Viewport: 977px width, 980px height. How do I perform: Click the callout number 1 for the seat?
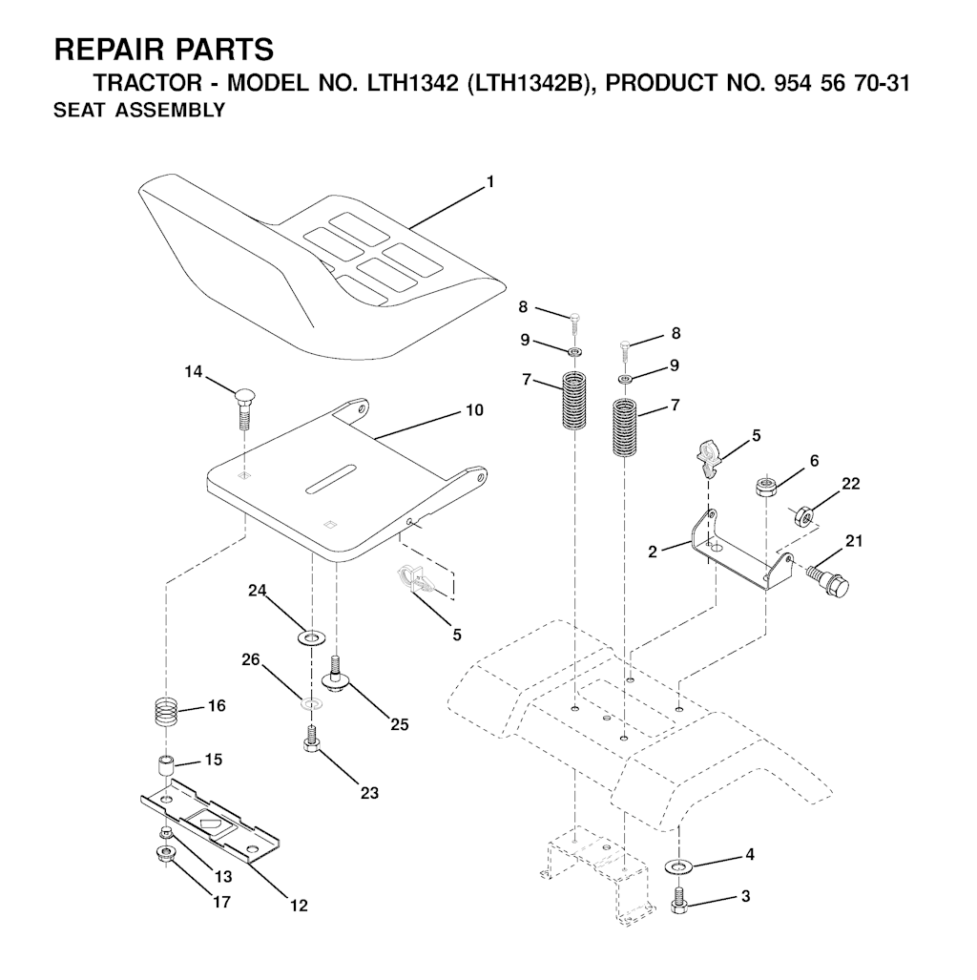(x=490, y=182)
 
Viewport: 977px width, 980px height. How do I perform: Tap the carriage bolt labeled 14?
(x=244, y=409)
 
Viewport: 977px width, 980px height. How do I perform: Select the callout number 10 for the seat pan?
(x=474, y=410)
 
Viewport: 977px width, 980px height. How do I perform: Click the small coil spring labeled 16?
(x=166, y=711)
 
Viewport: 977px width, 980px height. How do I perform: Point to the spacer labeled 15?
(x=164, y=767)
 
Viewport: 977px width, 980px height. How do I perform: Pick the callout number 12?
(x=299, y=905)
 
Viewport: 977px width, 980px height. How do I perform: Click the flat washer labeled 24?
(x=310, y=638)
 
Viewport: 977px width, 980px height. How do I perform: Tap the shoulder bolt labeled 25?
(x=336, y=673)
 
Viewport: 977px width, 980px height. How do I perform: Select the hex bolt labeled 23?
(x=310, y=738)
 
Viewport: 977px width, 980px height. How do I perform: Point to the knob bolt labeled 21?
(x=828, y=579)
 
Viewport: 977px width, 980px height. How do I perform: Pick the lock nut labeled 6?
(x=766, y=487)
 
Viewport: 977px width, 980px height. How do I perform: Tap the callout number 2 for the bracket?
(x=653, y=552)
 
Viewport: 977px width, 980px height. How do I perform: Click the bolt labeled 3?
(x=678, y=901)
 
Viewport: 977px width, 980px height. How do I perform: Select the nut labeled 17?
(x=164, y=852)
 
